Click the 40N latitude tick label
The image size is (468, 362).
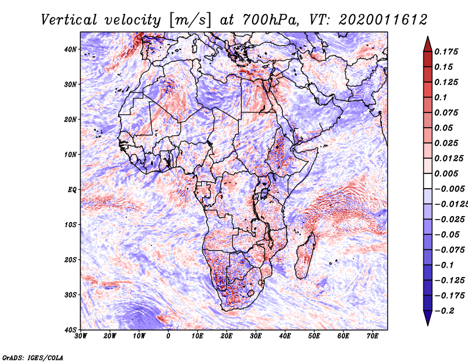click(70, 49)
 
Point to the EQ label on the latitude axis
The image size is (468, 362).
click(72, 190)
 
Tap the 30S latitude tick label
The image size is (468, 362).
click(70, 295)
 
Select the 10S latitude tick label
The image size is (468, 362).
click(70, 225)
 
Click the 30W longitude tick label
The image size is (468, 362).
click(81, 336)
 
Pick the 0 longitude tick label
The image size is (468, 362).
click(168, 336)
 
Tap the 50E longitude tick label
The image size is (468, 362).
click(314, 336)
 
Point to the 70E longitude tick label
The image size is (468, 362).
click(372, 336)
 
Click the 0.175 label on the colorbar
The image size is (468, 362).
click(446, 52)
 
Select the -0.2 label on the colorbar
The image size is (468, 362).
click(445, 311)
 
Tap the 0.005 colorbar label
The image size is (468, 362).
click(446, 173)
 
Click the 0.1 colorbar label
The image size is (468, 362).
click(441, 97)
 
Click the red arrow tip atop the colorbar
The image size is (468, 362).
click(428, 37)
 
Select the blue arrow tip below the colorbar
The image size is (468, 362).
click(428, 325)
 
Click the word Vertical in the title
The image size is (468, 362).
click(68, 20)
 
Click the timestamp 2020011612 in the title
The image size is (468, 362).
click(383, 20)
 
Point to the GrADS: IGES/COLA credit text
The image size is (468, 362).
click(33, 357)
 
